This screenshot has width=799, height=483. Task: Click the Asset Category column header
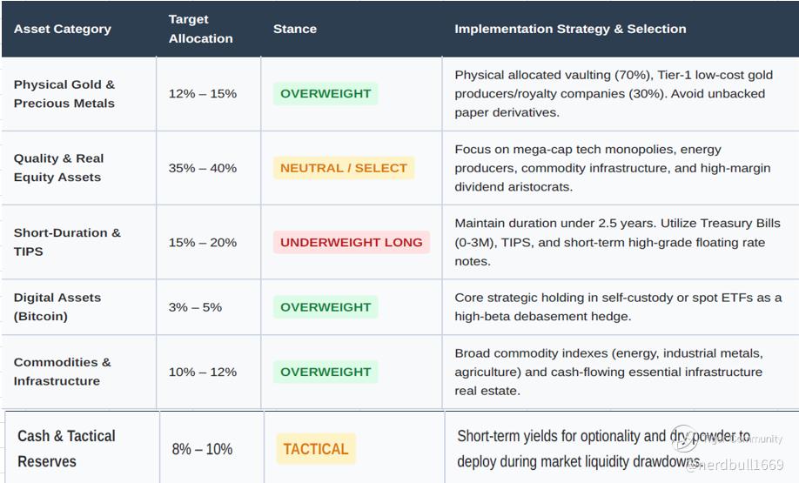[x=62, y=29]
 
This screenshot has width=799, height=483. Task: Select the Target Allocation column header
[x=200, y=29]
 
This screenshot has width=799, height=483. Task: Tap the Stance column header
[x=294, y=29]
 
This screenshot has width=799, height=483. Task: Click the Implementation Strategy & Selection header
[x=570, y=29]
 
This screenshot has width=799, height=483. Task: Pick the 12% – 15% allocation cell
[x=202, y=94]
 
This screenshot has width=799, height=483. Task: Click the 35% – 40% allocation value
[x=202, y=168]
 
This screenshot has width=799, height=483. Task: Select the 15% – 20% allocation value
[x=202, y=243]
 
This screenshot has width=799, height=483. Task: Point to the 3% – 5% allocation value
[x=195, y=307]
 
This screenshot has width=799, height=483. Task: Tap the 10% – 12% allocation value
[x=202, y=372]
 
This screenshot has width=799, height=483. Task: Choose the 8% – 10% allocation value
[x=202, y=449]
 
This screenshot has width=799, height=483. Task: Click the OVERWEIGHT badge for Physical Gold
[x=326, y=94]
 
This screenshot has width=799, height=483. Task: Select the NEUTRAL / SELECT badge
[x=344, y=168]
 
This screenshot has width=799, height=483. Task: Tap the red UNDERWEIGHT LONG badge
[x=352, y=243]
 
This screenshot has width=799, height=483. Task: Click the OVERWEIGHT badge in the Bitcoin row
[x=326, y=307]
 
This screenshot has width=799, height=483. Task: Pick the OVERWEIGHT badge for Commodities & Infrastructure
[x=326, y=372]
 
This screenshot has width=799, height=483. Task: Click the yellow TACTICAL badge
[x=316, y=449]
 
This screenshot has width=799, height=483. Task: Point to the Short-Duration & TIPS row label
[x=67, y=242]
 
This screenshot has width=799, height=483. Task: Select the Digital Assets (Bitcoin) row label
[x=57, y=306]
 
